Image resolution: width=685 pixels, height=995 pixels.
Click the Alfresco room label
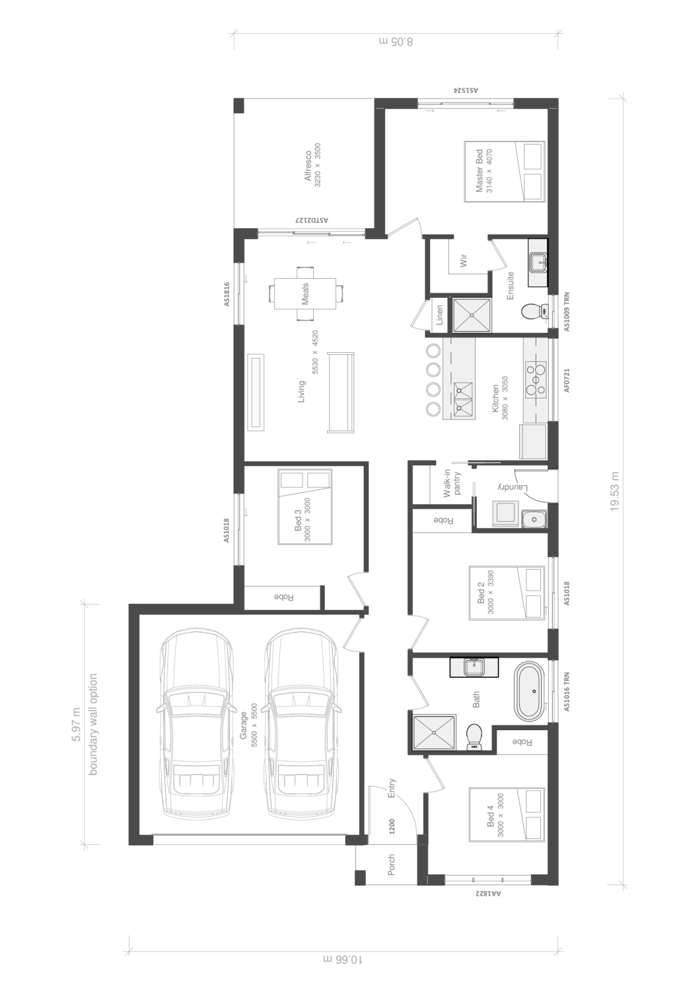pos(307,166)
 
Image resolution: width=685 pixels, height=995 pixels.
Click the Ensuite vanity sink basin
pos(538,262)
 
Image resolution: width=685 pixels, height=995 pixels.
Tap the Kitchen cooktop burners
pos(535,379)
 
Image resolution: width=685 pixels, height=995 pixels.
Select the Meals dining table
pos(305,293)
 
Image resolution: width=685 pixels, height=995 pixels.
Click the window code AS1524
pos(465,90)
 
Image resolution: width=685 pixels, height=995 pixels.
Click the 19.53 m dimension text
pos(614,491)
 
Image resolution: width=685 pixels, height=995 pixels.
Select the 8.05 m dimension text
pos(396,42)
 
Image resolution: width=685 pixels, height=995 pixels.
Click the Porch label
pos(391,864)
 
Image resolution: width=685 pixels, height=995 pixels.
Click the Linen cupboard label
pos(439,314)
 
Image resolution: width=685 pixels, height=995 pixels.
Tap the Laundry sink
pos(534,519)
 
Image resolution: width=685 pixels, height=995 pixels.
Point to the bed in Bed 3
pos(305,506)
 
